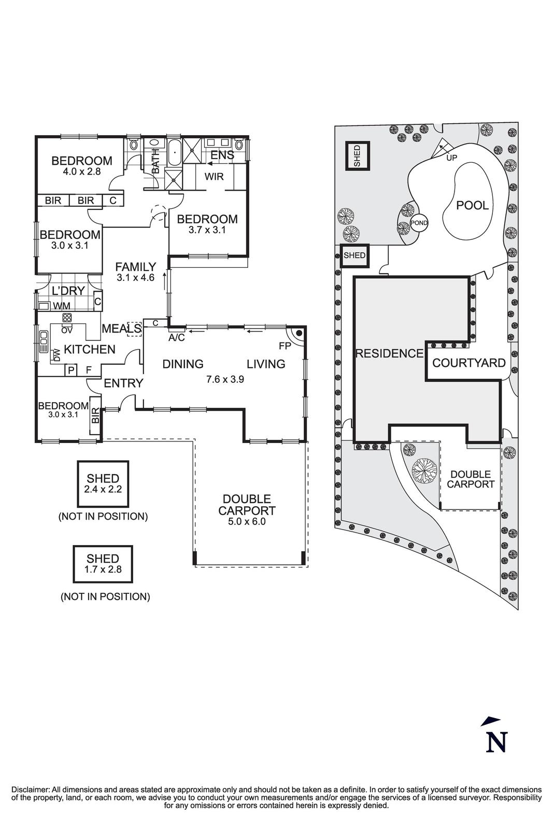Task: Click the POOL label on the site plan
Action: [472, 205]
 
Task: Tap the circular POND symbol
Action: [419, 223]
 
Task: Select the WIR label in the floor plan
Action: [214, 177]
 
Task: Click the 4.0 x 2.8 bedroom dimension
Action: [81, 171]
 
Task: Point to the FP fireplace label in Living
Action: [285, 345]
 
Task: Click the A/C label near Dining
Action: [177, 338]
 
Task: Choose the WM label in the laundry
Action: [61, 306]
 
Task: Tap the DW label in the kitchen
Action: [57, 354]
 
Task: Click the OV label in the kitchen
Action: [66, 330]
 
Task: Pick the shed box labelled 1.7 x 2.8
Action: [103, 564]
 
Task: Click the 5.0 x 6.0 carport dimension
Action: [247, 522]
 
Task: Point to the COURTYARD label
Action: [469, 363]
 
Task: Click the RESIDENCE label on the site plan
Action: [389, 353]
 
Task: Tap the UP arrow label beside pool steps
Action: [451, 158]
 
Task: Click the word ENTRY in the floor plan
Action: [123, 383]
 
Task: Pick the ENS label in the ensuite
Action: [222, 155]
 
